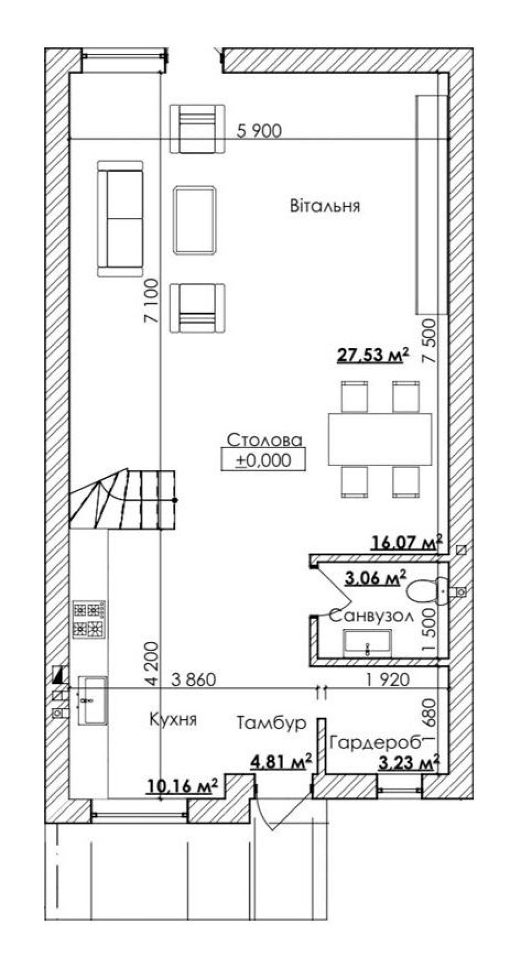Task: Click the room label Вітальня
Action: [325, 206]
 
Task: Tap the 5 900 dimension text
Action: [259, 131]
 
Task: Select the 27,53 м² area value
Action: [373, 353]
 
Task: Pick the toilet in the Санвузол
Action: [428, 592]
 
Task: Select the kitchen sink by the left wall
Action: [92, 700]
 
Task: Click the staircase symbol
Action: [123, 501]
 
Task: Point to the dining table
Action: [380, 439]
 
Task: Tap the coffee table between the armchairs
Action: [194, 220]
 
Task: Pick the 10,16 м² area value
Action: [183, 786]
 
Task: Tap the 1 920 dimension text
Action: [388, 679]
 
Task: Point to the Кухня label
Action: [173, 719]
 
